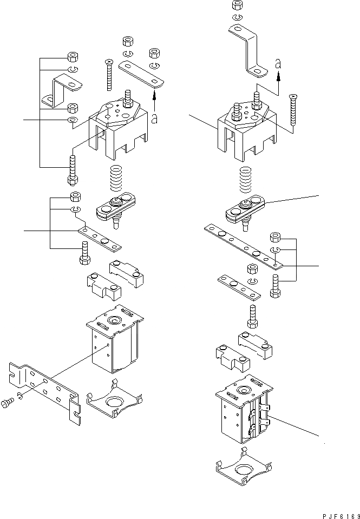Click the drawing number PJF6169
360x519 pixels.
coord(336,513)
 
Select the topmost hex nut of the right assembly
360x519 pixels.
coord(236,5)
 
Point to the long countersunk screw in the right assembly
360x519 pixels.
coord(294,112)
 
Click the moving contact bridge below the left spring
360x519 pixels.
coord(116,207)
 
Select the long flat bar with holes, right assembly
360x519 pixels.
coord(241,246)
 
